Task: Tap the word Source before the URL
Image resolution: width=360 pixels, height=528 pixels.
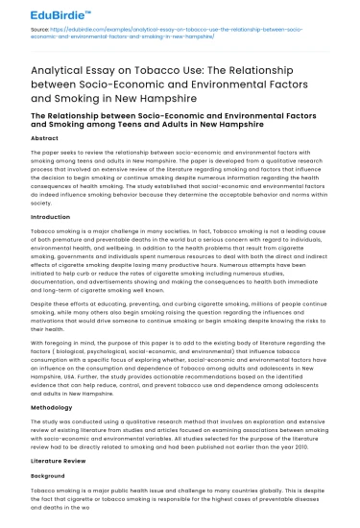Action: pos(41,31)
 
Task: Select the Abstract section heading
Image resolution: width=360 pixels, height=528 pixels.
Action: pos(45,139)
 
